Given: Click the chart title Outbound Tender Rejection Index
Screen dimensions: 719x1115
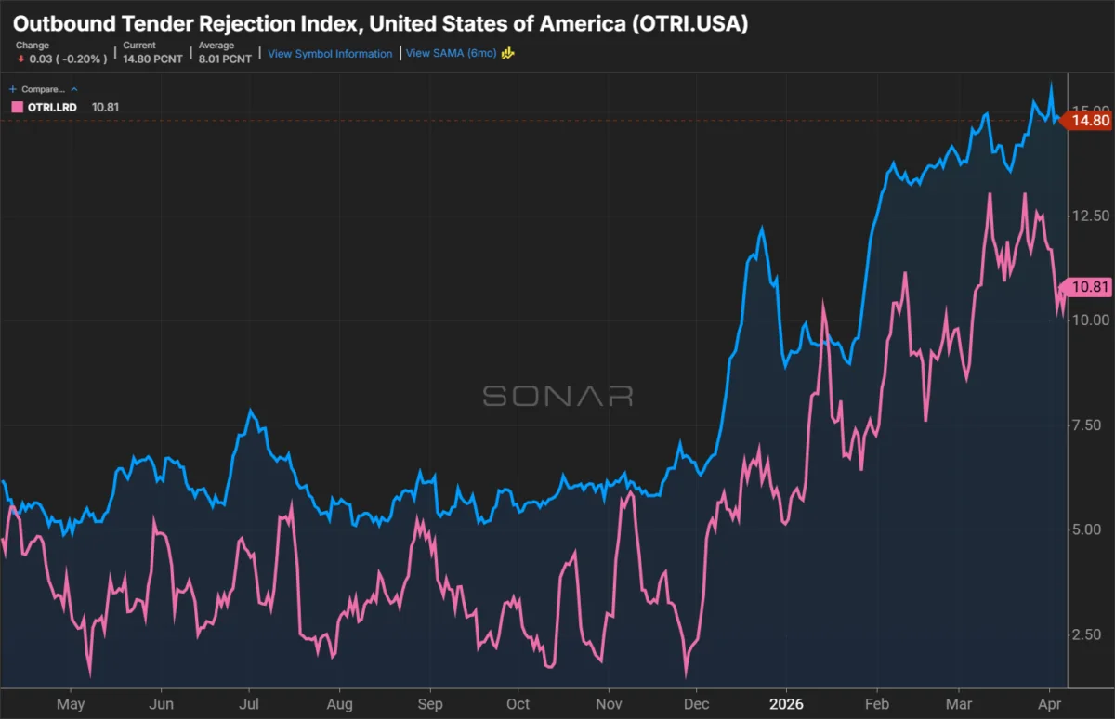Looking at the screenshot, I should click(x=380, y=23).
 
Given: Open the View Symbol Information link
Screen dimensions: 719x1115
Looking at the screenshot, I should click(x=330, y=54).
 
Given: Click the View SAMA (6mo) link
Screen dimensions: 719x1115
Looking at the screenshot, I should click(x=453, y=54).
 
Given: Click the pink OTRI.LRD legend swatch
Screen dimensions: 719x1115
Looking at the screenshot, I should click(x=16, y=107).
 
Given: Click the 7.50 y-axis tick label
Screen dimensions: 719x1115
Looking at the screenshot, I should click(x=1085, y=425).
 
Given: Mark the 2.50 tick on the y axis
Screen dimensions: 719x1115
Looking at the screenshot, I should click(x=1085, y=634).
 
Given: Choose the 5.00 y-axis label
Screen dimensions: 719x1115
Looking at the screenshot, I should click(x=1085, y=529).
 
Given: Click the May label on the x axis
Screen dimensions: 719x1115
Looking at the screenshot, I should click(x=71, y=703).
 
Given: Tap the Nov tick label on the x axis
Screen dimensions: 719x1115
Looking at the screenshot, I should click(x=608, y=703).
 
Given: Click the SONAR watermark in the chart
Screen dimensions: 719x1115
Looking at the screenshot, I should click(x=557, y=396).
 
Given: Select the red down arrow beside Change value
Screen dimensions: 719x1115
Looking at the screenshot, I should click(x=20, y=59).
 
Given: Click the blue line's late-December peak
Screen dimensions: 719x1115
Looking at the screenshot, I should click(x=762, y=228).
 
